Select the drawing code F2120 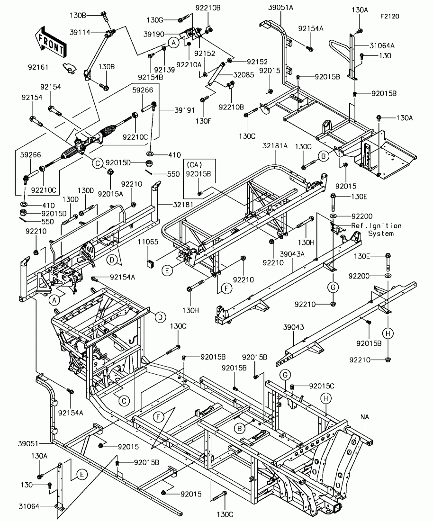coord(390,16)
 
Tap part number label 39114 coord(80,32)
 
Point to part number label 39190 coord(154,34)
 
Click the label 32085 coord(244,75)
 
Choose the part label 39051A coord(281,8)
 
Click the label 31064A coord(382,45)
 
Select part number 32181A coord(275,145)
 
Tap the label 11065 coord(148,242)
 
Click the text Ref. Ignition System coord(377,229)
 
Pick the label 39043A coord(292,254)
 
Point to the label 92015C coord(322,386)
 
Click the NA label coord(365,417)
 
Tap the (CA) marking coord(194,165)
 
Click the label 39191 coord(185,110)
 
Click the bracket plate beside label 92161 coord(70,68)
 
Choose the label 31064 coord(29,506)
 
